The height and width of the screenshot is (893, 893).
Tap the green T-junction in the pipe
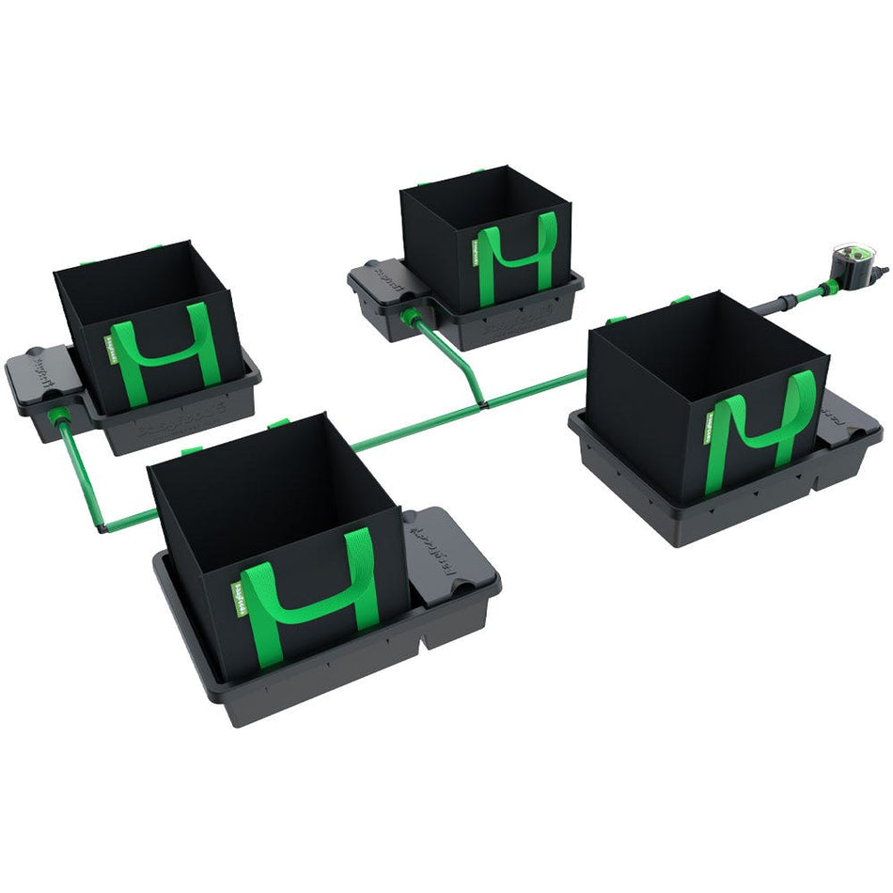pyautogui.click(x=483, y=402)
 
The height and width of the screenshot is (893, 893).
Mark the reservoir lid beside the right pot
pyautogui.click(x=847, y=423)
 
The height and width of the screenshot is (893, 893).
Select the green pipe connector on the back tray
pyautogui.click(x=410, y=316)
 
